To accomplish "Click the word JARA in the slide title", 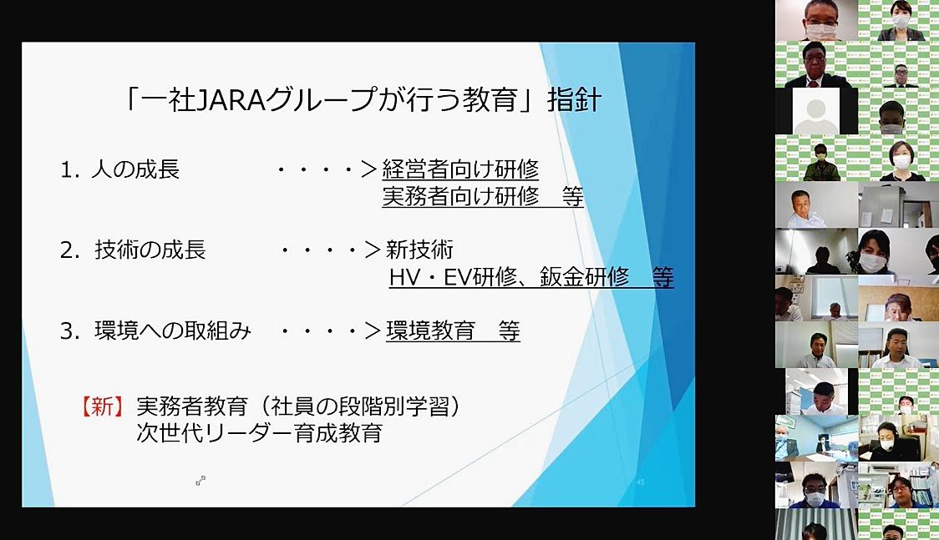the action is (231, 99).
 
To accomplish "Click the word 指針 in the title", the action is (574, 100).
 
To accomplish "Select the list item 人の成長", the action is (135, 169).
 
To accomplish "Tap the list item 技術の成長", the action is (150, 250).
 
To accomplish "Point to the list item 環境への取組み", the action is (173, 331).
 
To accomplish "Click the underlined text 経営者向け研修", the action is (460, 169).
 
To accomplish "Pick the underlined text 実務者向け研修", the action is (460, 196).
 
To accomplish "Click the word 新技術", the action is (419, 250).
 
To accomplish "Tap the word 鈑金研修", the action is (585, 276).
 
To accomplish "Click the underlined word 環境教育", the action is (430, 331).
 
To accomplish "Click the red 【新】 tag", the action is (103, 406).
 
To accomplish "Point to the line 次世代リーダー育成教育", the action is (259, 433).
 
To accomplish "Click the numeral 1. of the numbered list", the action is (69, 169).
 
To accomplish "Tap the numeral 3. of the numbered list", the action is (70, 331).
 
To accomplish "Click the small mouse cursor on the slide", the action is (200, 480).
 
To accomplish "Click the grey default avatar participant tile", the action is (815, 111).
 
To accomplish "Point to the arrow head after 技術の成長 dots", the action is (373, 250).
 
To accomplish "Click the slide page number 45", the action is (640, 482).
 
